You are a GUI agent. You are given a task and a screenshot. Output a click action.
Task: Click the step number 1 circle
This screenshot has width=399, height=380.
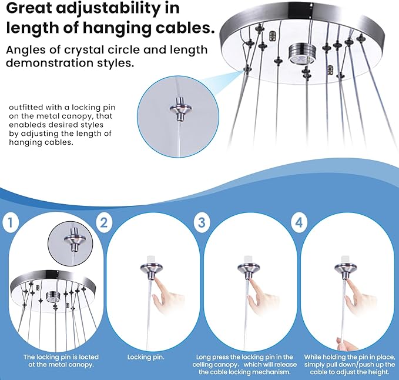click(11, 222)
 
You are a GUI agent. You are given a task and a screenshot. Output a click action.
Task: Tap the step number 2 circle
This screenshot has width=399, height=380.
click(104, 222)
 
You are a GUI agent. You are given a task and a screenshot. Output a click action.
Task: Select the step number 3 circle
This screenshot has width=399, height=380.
click(202, 222)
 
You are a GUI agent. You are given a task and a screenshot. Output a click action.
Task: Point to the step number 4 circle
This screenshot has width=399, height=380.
click(299, 222)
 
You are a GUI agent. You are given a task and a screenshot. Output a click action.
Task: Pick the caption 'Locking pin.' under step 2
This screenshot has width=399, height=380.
click(146, 357)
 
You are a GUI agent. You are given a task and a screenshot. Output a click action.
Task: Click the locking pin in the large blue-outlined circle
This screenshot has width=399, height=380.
click(180, 109)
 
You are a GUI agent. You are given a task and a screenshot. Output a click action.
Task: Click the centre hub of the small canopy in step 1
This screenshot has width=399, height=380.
click(53, 296)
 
